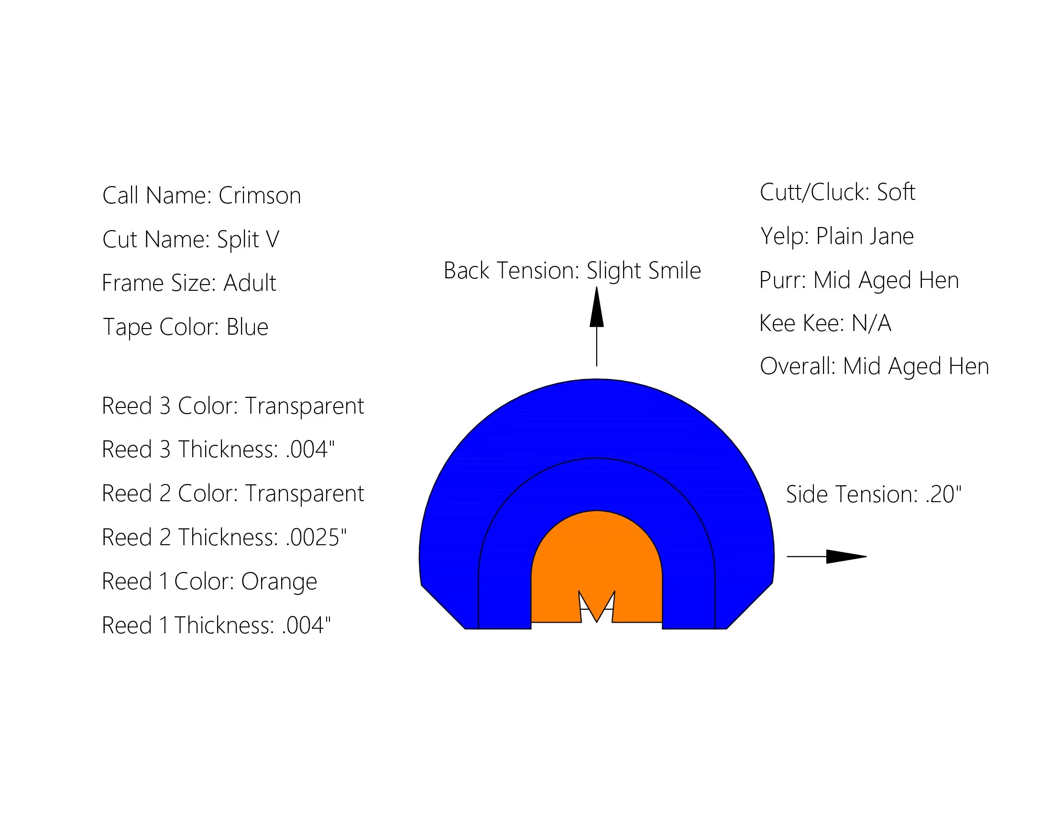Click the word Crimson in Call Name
point(259,196)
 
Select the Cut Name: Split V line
point(191,240)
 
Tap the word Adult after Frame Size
point(250,283)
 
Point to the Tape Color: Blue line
point(186,327)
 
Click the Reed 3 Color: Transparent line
point(233,406)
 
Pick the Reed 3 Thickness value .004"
point(310,450)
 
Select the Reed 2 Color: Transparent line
point(233,493)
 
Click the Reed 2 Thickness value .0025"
point(316,537)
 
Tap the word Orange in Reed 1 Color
point(279,582)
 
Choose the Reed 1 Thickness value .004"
point(307,625)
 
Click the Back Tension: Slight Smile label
point(572,270)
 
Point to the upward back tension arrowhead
point(596,308)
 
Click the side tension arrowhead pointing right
point(845,556)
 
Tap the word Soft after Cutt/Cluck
point(896,192)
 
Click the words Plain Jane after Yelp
point(865,236)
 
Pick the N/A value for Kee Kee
point(871,323)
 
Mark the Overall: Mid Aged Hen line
point(874,366)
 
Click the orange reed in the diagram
point(596,554)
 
